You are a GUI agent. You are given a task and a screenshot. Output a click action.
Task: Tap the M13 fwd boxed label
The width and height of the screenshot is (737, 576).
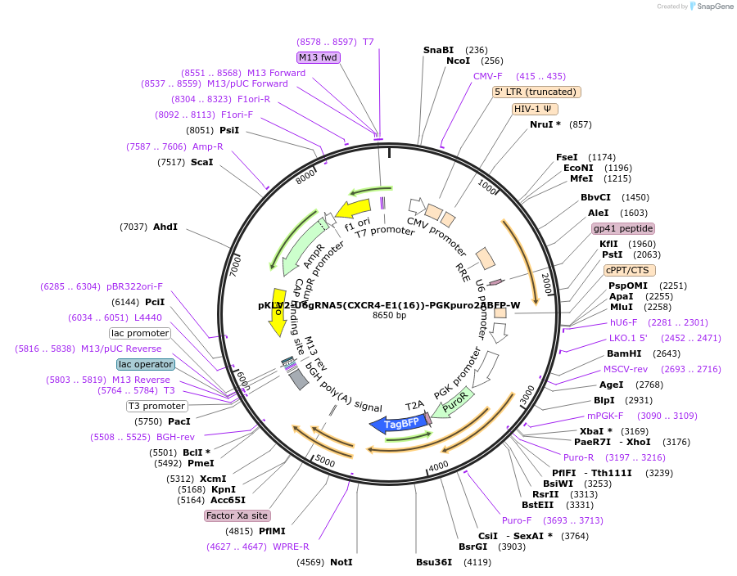pos(318,57)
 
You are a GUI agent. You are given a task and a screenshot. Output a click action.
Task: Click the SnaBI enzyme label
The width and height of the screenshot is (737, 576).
pos(438,50)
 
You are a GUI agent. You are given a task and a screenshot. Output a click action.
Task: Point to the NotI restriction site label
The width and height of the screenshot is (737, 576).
pos(341,562)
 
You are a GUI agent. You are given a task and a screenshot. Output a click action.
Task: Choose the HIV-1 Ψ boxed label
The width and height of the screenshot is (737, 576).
pos(536,109)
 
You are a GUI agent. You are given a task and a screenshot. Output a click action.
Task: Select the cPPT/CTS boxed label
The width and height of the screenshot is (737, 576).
pos(626,270)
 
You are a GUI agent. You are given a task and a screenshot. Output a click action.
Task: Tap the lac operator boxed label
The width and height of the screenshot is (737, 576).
pos(146,364)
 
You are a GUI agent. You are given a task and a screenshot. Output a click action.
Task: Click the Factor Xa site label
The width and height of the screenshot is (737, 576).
pos(237,515)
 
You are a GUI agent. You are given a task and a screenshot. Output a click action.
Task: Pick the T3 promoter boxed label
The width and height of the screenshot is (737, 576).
pos(156,406)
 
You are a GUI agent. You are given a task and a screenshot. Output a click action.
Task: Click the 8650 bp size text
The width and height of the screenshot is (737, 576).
pos(389,316)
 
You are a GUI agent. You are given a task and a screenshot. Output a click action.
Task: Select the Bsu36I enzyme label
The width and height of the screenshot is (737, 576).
pos(434,562)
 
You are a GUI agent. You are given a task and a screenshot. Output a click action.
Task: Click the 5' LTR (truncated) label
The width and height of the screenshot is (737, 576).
pos(536,92)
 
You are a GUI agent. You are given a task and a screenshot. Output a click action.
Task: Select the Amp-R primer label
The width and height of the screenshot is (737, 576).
pos(207,146)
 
